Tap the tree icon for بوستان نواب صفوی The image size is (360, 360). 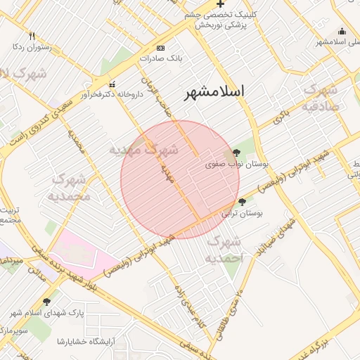(236, 152)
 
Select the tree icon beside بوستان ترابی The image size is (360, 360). (243, 201)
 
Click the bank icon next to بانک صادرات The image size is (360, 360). (160, 48)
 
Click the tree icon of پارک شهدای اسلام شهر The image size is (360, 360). (47, 302)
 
